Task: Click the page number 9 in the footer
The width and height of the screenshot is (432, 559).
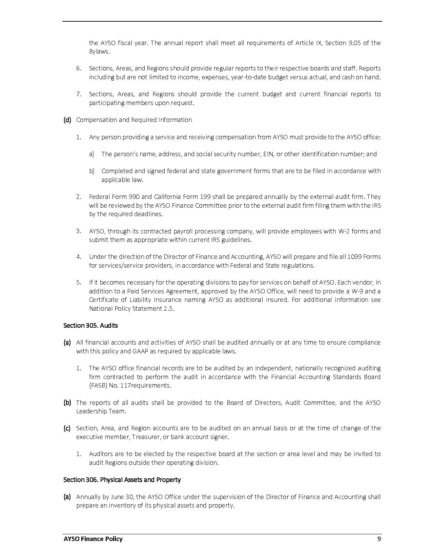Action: pyautogui.click(x=379, y=539)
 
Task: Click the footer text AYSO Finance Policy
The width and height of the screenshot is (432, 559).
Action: pyautogui.click(x=93, y=539)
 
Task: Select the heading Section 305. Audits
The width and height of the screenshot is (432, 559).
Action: pyautogui.click(x=90, y=325)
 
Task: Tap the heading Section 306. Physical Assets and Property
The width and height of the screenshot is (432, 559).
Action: pyautogui.click(x=122, y=479)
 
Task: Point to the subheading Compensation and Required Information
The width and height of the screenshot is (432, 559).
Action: pyautogui.click(x=134, y=120)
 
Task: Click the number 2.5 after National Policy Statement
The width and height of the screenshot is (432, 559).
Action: pyautogui.click(x=168, y=308)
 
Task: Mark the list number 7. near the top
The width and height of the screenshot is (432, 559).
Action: pyautogui.click(x=79, y=94)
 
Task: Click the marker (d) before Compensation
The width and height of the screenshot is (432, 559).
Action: pyautogui.click(x=67, y=120)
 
